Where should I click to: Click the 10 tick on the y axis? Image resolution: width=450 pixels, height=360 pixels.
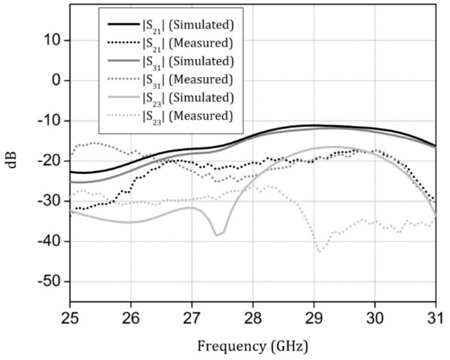click(53, 40)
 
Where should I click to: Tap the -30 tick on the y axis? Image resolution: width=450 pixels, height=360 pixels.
click(51, 201)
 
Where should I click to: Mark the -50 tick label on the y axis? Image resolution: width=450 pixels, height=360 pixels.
click(51, 282)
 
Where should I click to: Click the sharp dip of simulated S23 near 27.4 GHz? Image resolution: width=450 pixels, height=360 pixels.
click(216, 235)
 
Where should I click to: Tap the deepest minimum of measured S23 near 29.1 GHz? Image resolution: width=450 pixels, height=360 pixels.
click(319, 252)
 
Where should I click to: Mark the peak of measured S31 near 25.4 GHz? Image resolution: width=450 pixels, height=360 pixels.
click(94, 143)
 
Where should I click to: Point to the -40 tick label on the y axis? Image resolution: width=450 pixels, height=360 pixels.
click(51, 242)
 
